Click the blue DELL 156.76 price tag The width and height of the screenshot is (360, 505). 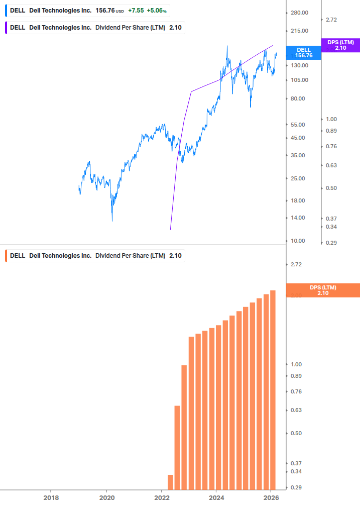[303, 53]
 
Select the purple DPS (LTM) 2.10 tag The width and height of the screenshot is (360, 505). [340, 45]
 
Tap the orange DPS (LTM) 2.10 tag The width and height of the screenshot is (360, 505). [322, 290]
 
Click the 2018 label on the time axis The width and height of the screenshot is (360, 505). [51, 497]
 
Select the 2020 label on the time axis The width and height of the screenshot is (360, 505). [106, 497]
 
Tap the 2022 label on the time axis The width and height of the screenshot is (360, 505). [162, 497]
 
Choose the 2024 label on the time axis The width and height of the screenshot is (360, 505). [216, 497]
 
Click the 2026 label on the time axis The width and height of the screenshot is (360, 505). [271, 497]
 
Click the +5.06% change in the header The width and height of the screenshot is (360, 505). [157, 11]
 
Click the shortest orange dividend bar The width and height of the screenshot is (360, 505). [170, 482]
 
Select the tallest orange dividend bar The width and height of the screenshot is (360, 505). [273, 389]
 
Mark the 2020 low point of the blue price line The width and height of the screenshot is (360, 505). [112, 221]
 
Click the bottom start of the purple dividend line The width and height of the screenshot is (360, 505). [171, 230]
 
